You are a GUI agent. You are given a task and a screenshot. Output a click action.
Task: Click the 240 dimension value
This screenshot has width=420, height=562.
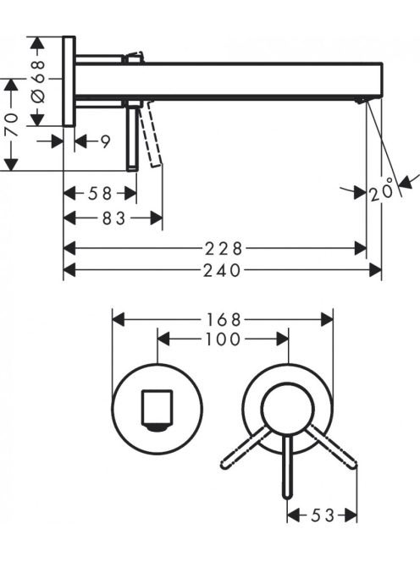[222, 271]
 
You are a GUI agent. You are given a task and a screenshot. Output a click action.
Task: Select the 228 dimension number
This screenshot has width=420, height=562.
[224, 249]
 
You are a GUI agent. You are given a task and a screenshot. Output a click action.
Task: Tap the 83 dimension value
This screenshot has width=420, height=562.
[113, 218]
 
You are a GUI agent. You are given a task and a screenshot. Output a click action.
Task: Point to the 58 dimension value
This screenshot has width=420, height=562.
[100, 194]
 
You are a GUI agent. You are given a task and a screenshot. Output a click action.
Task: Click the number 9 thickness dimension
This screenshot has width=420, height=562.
[105, 142]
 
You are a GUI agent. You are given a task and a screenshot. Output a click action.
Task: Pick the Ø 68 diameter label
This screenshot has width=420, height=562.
[38, 82]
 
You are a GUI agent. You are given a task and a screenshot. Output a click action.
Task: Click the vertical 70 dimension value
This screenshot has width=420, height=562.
[12, 124]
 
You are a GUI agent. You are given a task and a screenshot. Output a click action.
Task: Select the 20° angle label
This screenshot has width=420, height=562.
[381, 192]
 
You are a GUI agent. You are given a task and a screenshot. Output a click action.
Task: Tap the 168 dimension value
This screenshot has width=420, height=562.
[223, 320]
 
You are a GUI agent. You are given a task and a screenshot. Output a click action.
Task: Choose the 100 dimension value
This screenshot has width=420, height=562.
[223, 339]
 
